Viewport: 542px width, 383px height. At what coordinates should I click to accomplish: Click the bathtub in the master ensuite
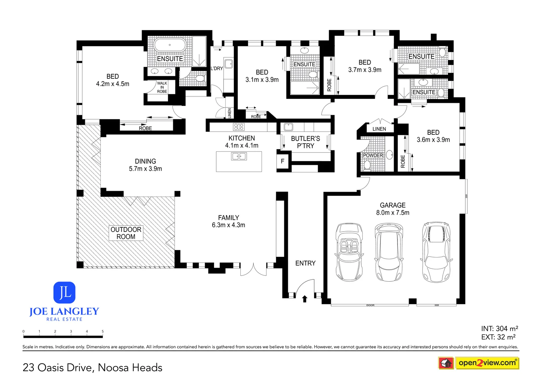170,45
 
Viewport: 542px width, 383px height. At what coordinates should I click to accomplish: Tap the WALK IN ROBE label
162,87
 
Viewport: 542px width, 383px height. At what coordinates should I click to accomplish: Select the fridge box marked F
283,161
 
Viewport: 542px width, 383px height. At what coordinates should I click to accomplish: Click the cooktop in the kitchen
239,127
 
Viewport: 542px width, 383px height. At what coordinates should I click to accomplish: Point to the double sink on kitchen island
239,156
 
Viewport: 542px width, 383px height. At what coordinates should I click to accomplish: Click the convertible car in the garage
349,252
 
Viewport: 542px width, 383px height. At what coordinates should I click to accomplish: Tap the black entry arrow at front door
305,299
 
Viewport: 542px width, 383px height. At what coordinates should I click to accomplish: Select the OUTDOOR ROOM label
126,233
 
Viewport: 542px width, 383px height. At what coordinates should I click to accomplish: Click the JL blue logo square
64,293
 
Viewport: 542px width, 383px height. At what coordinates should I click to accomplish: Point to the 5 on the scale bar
103,332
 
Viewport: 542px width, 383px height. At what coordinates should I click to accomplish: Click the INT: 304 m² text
499,328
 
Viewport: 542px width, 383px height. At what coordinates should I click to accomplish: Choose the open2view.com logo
487,363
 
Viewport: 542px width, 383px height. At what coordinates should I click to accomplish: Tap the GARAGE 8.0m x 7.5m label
393,209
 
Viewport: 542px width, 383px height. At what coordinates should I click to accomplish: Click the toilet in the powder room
367,165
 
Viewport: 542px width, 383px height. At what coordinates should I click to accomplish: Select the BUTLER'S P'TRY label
305,142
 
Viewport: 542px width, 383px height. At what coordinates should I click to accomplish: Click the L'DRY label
217,68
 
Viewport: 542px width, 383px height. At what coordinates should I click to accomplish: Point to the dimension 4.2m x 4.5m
113,84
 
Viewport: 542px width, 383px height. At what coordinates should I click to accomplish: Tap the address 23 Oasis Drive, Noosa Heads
92,367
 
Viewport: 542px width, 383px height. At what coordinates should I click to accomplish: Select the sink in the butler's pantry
288,127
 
